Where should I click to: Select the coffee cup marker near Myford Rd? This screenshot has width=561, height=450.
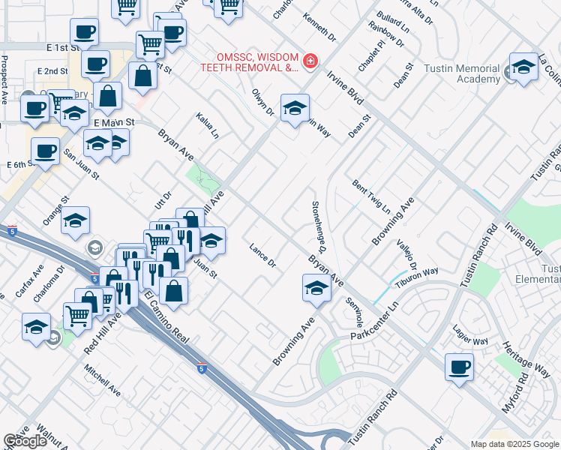point(459,368)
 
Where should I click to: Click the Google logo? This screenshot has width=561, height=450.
point(25,441)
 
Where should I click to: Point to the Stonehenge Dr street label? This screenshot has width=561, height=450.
point(320,224)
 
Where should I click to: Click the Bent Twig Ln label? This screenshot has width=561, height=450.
point(371,196)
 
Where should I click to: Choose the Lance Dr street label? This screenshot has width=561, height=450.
point(262,255)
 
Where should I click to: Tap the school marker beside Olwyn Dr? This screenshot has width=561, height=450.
point(295,108)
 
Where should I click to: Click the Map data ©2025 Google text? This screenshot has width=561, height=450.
point(514,444)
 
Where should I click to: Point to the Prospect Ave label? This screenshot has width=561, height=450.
point(4,78)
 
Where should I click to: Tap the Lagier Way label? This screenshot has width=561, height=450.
point(471,335)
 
